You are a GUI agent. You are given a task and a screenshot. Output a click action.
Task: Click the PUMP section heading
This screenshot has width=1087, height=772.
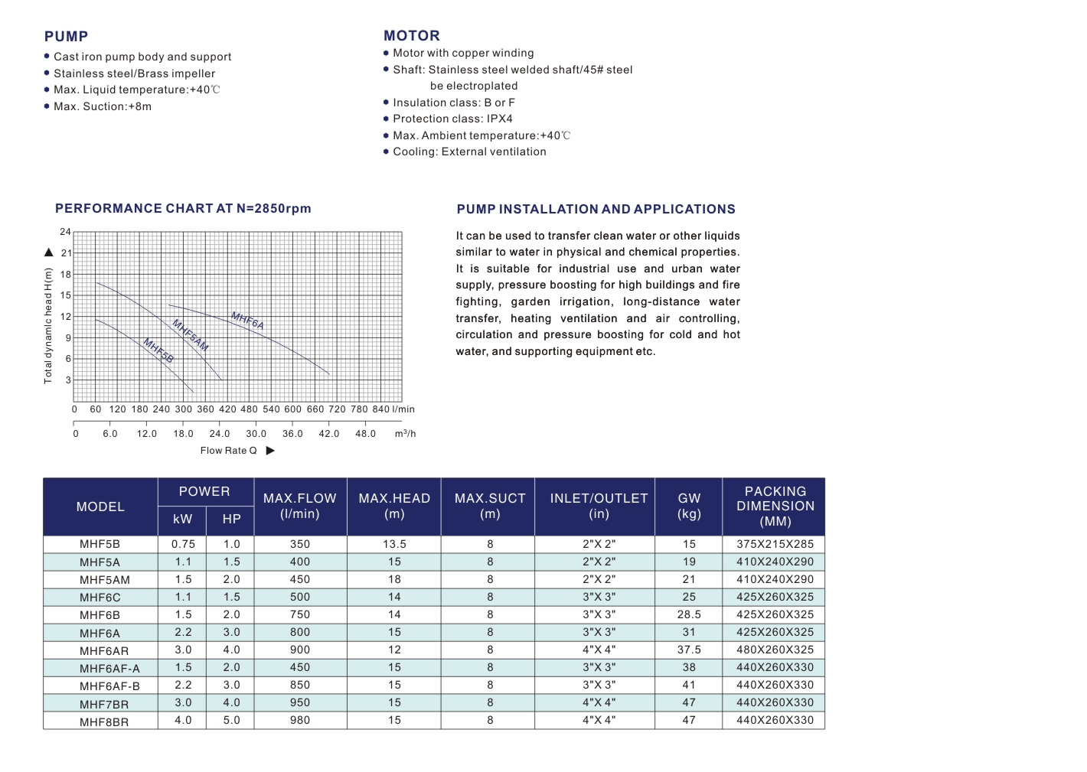(x=66, y=37)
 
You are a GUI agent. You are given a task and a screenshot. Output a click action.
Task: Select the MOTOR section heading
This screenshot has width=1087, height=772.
(x=412, y=36)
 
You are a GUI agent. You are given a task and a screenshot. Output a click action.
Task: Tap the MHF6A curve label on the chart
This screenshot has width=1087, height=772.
(x=247, y=321)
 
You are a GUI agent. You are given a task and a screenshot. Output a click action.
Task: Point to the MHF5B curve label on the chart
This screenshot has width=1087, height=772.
(x=158, y=350)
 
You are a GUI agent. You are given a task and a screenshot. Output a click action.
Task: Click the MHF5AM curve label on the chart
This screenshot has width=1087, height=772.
(x=190, y=335)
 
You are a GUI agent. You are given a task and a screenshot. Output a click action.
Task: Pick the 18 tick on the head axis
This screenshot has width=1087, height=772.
(x=66, y=275)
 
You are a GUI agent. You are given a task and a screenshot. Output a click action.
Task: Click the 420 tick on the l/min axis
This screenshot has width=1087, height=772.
(x=227, y=409)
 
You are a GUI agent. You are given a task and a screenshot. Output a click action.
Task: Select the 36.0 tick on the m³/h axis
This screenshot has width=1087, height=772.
(x=292, y=434)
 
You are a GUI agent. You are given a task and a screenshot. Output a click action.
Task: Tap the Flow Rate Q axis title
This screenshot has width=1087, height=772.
(x=228, y=451)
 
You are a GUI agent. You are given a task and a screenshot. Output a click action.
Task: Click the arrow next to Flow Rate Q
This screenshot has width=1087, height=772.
(x=270, y=451)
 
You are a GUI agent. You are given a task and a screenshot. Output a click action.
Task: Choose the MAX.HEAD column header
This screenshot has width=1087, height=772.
(x=394, y=506)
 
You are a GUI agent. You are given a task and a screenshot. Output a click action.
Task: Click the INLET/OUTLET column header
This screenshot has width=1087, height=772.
(x=599, y=506)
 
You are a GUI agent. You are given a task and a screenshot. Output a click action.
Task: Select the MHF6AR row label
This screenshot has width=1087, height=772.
(x=104, y=650)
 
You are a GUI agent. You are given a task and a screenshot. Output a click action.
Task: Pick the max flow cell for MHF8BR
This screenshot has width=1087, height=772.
(x=300, y=720)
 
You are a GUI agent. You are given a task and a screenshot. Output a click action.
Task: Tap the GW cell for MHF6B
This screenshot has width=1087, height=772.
(x=689, y=614)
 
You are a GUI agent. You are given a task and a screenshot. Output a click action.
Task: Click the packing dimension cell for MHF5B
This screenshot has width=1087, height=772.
(x=775, y=544)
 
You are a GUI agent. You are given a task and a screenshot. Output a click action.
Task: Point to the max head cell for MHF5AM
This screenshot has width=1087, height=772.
(x=394, y=579)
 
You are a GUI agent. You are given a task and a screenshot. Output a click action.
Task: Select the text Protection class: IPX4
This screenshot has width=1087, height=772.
(x=452, y=119)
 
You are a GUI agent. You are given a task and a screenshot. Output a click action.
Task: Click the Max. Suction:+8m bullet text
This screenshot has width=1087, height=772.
(x=103, y=106)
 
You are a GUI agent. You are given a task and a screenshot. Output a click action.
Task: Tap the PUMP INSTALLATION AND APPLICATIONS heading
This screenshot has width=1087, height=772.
(x=596, y=210)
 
